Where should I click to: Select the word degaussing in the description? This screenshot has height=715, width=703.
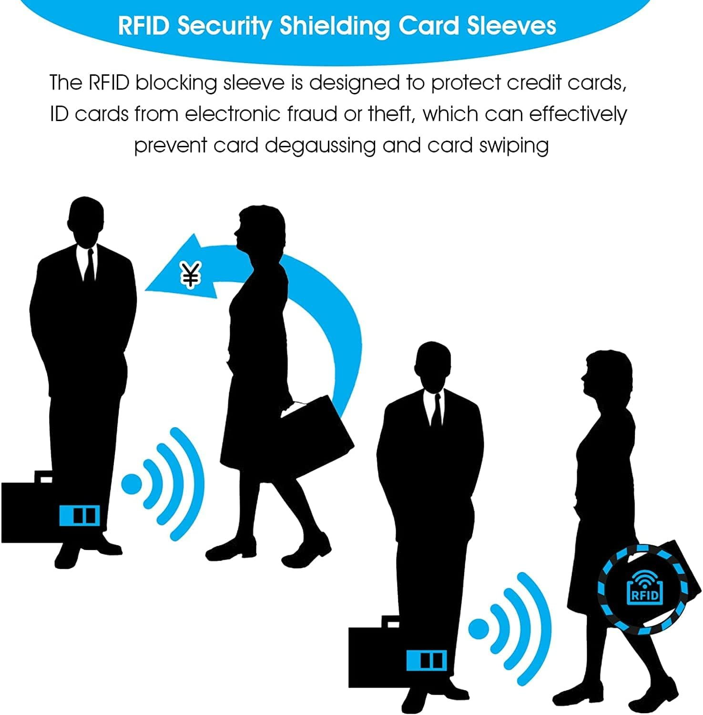(320, 146)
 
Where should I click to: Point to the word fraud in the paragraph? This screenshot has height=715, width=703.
(313, 114)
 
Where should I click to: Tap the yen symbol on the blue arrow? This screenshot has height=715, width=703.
(191, 275)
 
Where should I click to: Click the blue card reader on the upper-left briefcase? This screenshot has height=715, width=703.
(80, 515)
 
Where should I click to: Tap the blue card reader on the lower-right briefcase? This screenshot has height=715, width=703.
(427, 660)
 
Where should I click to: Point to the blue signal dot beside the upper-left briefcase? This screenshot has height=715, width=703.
(132, 484)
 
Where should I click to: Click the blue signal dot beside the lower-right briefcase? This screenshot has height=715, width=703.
(479, 629)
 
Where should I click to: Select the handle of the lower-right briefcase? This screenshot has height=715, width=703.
(390, 621)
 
